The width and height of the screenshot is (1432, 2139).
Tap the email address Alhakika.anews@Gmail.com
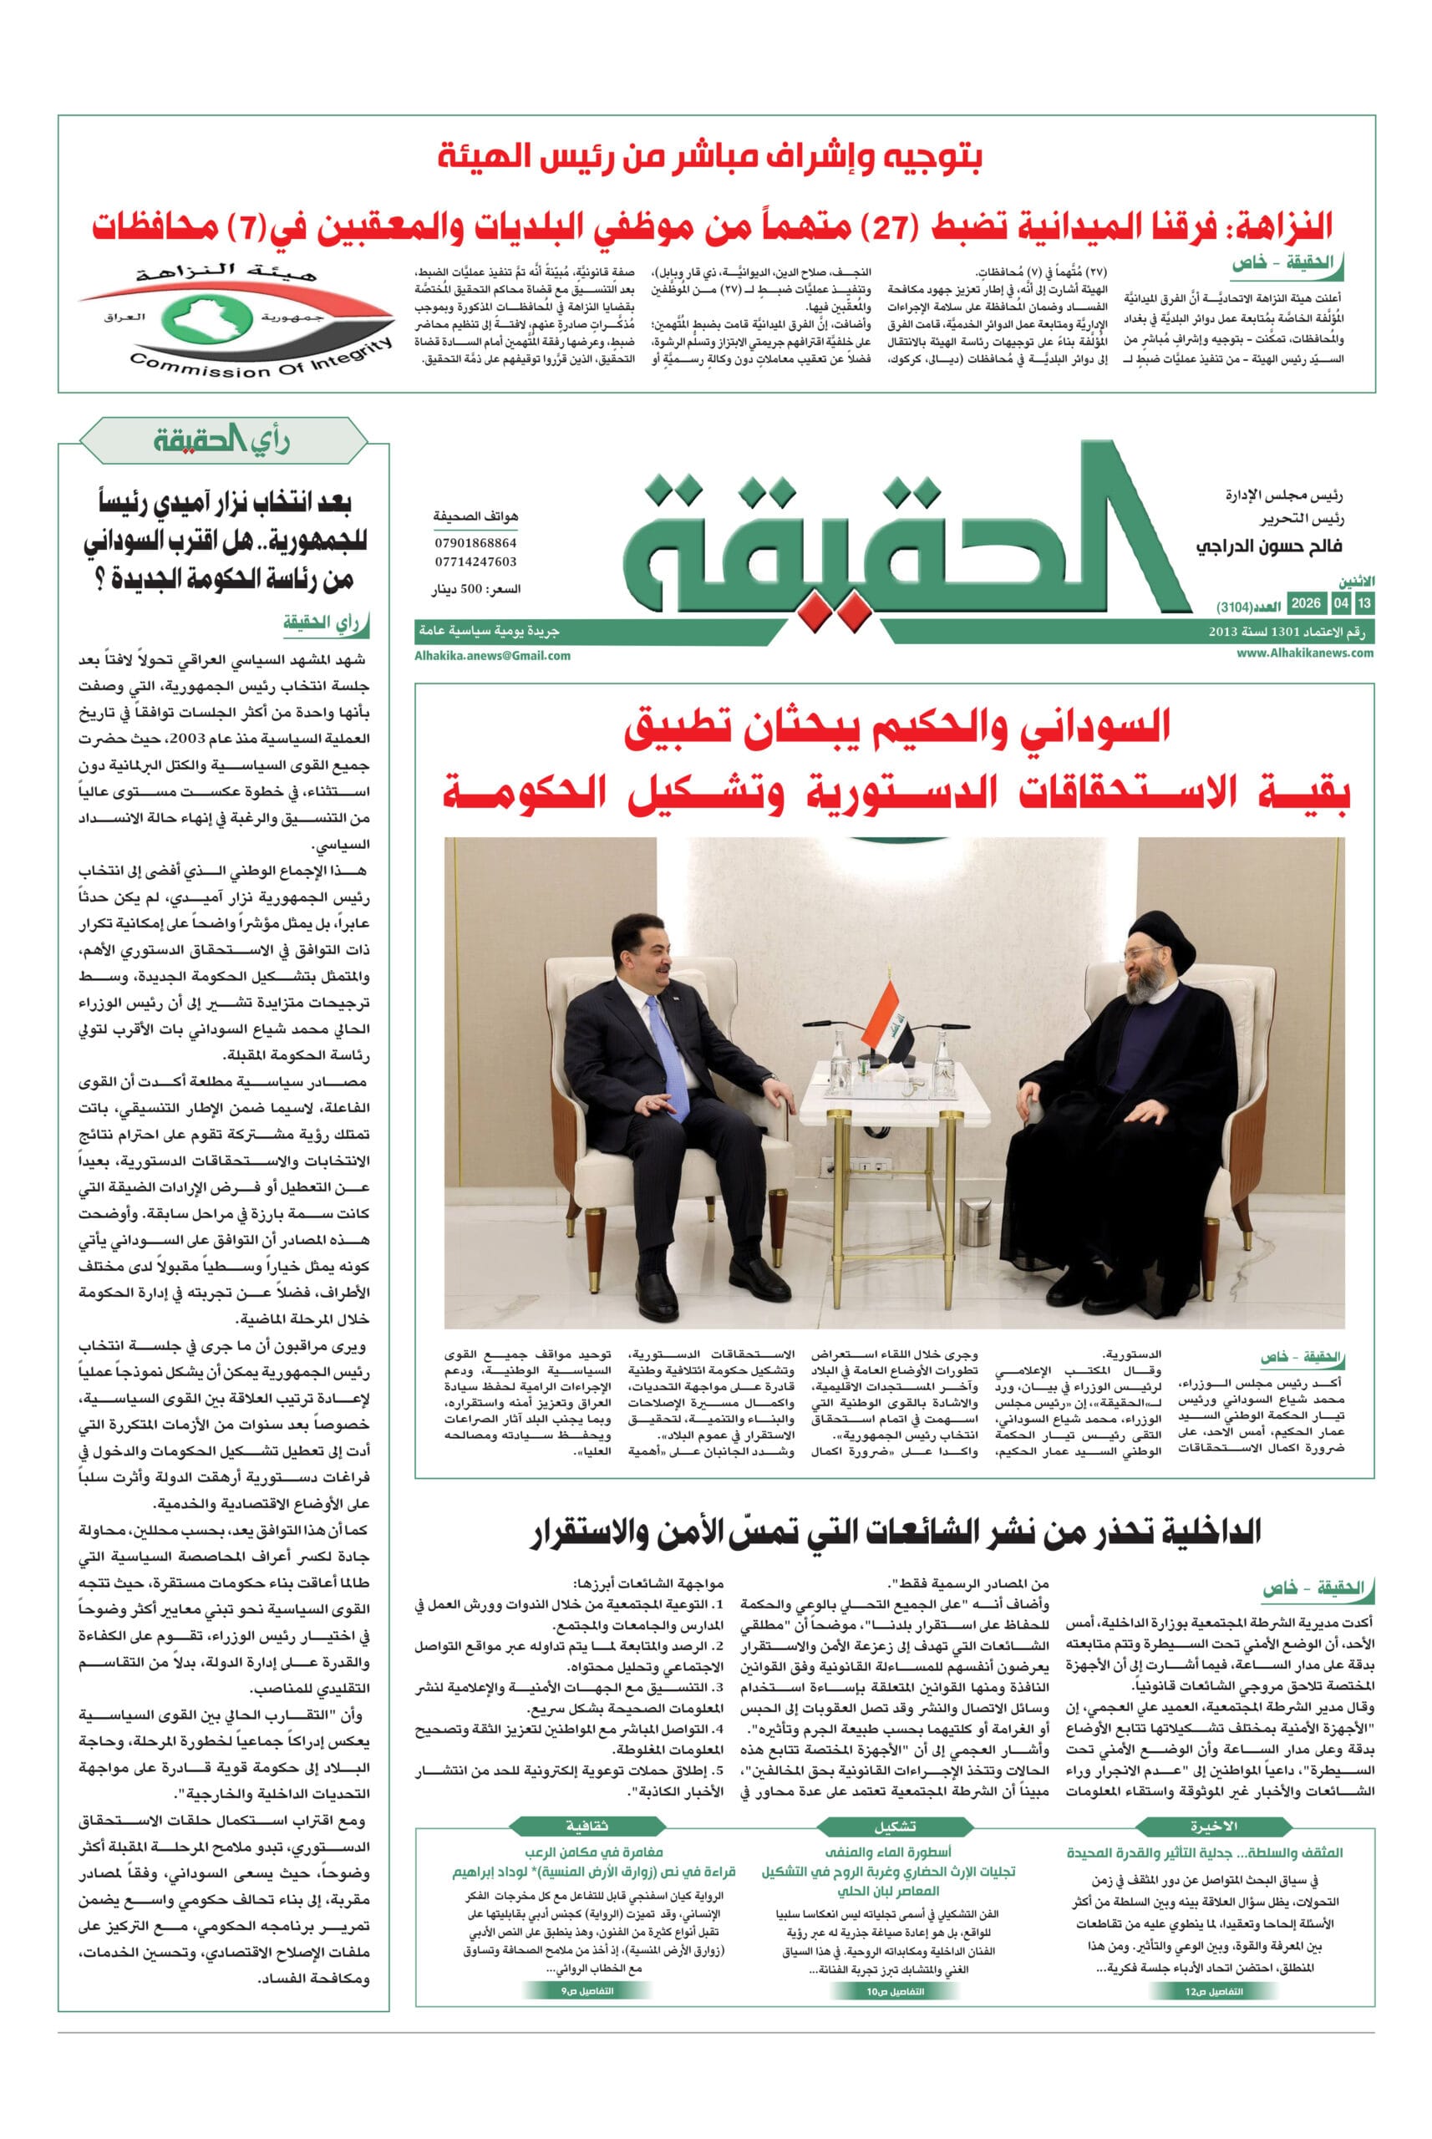[x=492, y=655]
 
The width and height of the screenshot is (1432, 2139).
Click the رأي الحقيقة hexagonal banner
[x=223, y=442]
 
